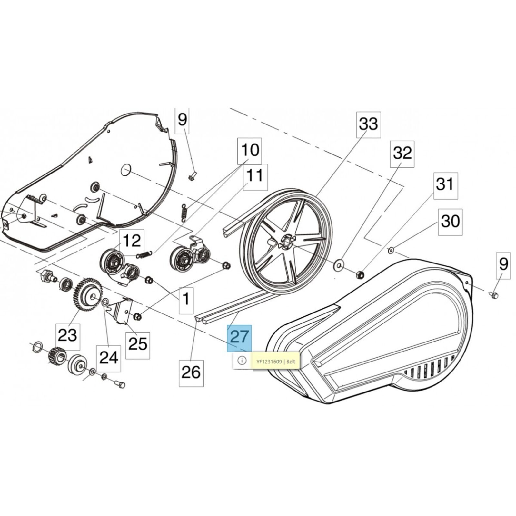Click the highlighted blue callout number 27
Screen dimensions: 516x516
[x=239, y=338]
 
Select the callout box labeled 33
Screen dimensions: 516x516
[x=368, y=124]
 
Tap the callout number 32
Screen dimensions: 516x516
[x=402, y=154]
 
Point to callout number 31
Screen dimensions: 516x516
[x=445, y=185]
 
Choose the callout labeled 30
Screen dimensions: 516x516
[x=450, y=222]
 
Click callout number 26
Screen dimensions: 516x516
[x=191, y=373]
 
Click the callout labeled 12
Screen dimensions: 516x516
[x=132, y=241]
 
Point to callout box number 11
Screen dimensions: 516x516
[x=255, y=177]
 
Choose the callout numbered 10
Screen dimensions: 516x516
[x=250, y=151]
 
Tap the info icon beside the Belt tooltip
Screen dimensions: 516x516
[x=242, y=360]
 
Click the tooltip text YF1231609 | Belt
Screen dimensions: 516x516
[x=276, y=362]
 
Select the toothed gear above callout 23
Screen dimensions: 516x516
[x=88, y=293]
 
